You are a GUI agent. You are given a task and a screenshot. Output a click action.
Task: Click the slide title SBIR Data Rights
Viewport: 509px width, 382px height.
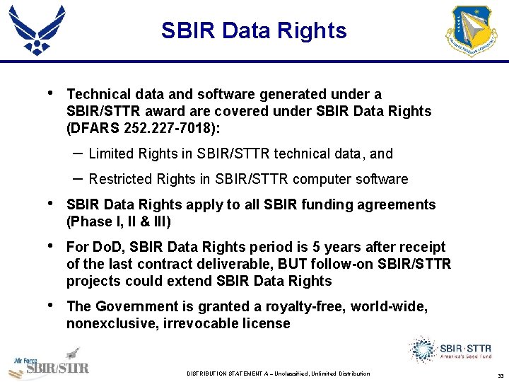click(x=254, y=31)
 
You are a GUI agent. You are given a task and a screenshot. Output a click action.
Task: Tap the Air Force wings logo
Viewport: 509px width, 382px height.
click(x=37, y=30)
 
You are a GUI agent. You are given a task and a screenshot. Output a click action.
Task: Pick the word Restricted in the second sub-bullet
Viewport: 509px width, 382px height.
click(x=118, y=179)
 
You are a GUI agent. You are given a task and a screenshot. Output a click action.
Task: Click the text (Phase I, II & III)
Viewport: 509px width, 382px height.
click(x=118, y=221)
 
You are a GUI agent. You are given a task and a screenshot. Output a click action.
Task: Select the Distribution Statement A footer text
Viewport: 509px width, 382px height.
click(x=278, y=374)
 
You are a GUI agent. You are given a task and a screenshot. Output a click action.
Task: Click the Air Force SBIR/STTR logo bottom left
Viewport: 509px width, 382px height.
click(x=49, y=364)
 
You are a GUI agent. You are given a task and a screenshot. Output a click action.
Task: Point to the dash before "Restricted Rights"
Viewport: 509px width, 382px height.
click(x=77, y=178)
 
